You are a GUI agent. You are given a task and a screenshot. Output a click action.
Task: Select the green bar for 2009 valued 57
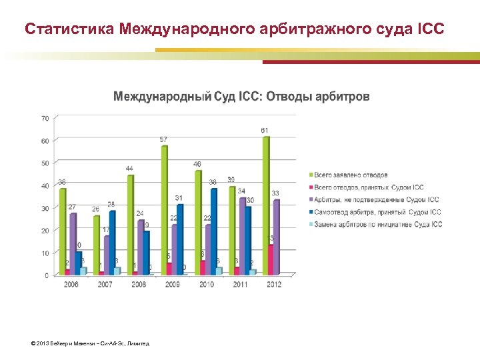(x=164, y=210)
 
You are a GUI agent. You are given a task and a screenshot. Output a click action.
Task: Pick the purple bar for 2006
(x=73, y=244)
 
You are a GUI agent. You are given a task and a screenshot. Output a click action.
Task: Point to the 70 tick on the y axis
(x=45, y=118)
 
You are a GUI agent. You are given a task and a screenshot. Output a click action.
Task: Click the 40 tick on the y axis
(x=45, y=186)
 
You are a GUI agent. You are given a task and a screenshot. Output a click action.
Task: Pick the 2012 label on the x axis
(x=273, y=284)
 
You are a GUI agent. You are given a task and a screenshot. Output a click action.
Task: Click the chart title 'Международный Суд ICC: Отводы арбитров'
(x=241, y=97)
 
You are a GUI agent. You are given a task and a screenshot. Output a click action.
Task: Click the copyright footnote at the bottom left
(x=90, y=344)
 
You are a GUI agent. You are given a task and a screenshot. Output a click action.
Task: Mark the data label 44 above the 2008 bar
(x=129, y=168)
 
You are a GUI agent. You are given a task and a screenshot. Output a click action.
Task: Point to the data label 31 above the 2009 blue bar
(x=179, y=198)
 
